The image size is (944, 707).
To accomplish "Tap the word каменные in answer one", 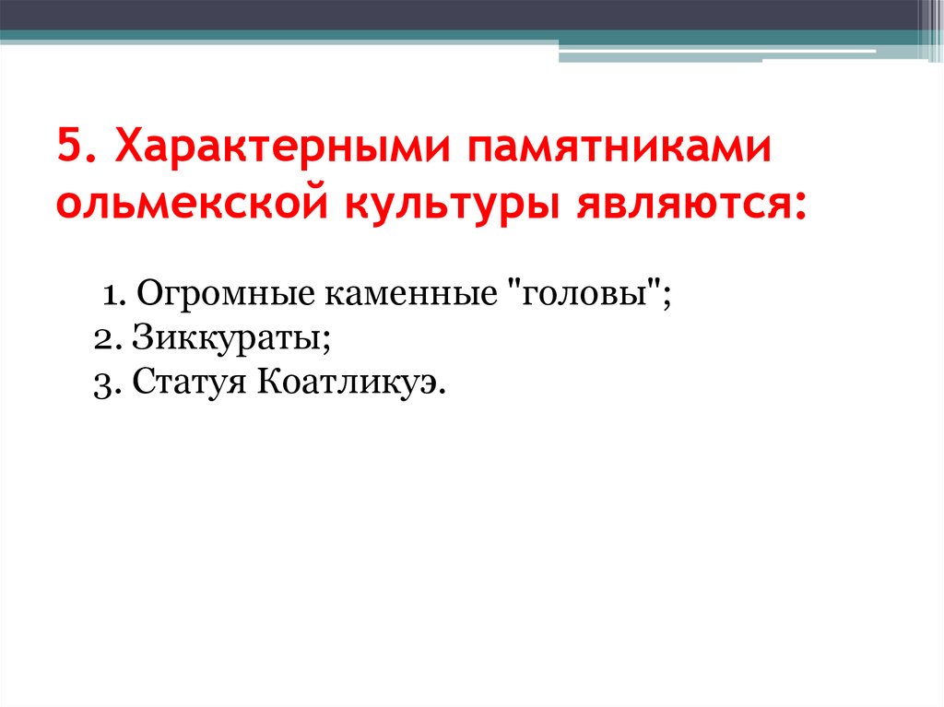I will [393, 298].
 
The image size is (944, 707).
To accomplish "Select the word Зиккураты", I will [226, 338].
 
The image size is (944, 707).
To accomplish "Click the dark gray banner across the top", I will [461, 14].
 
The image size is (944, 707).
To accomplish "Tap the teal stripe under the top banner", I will [277, 36].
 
